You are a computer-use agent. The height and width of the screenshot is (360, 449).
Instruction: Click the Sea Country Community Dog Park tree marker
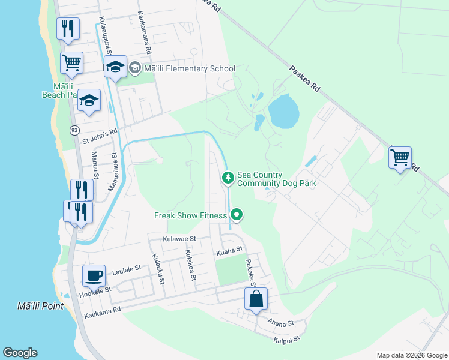coord(228,178)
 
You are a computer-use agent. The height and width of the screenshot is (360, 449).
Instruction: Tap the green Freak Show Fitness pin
coord(237,214)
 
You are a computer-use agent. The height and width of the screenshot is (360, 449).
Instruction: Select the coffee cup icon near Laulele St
coord(94,275)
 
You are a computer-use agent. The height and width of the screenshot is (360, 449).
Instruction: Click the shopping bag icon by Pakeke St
coord(256,299)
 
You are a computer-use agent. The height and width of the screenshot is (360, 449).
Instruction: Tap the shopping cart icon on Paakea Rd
coord(400,158)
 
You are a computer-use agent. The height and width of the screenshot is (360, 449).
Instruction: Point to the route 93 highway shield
coord(74,130)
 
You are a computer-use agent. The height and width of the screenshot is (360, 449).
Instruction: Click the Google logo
coord(20,353)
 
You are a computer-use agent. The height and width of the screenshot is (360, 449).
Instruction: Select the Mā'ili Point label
coord(40,307)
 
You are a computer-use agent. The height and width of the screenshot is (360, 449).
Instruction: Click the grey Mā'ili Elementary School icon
coord(134,68)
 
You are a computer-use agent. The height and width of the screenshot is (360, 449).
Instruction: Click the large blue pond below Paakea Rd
coord(283,110)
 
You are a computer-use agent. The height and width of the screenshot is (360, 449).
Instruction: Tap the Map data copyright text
coord(411,355)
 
